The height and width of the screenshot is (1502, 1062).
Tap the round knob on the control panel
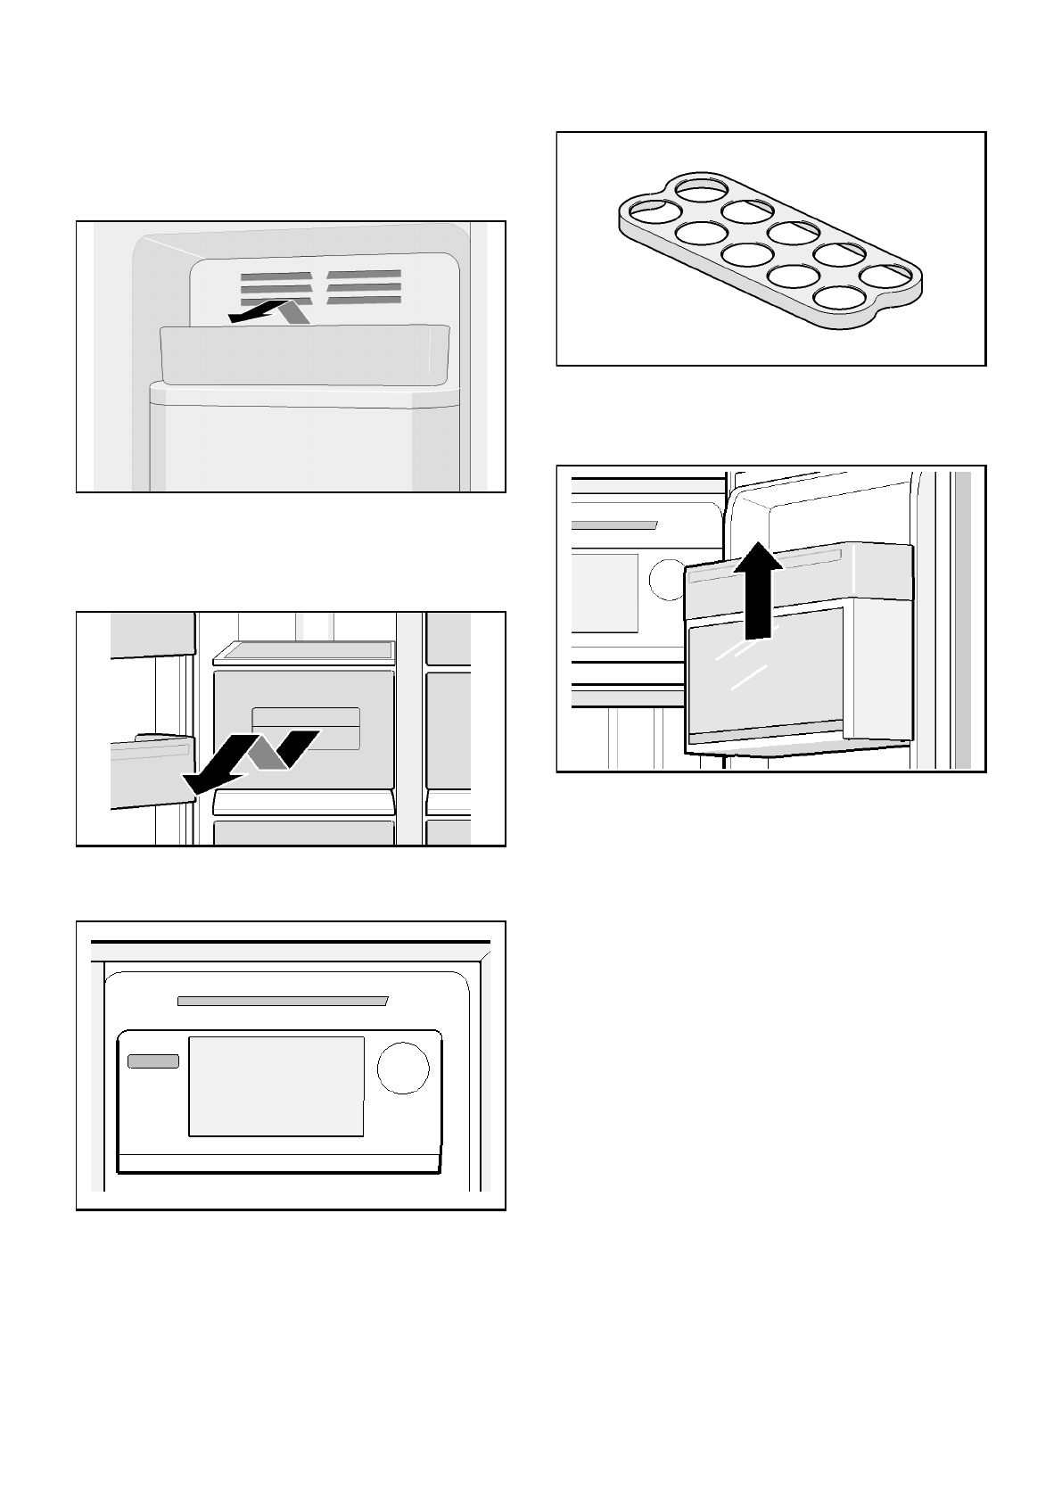(x=403, y=1067)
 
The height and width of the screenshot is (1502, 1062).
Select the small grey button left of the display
(x=153, y=1061)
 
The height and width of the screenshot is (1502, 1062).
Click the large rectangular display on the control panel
(x=276, y=1086)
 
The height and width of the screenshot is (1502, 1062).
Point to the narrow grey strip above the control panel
(x=282, y=1001)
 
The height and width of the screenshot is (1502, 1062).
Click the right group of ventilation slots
(x=364, y=286)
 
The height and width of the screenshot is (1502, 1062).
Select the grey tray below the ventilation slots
(x=303, y=355)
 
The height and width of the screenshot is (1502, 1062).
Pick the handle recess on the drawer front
(x=306, y=729)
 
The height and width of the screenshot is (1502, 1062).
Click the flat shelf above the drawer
(x=303, y=653)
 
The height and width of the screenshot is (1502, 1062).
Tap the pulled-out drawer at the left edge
(x=150, y=769)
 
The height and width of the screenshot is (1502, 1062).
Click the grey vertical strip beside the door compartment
(x=961, y=620)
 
